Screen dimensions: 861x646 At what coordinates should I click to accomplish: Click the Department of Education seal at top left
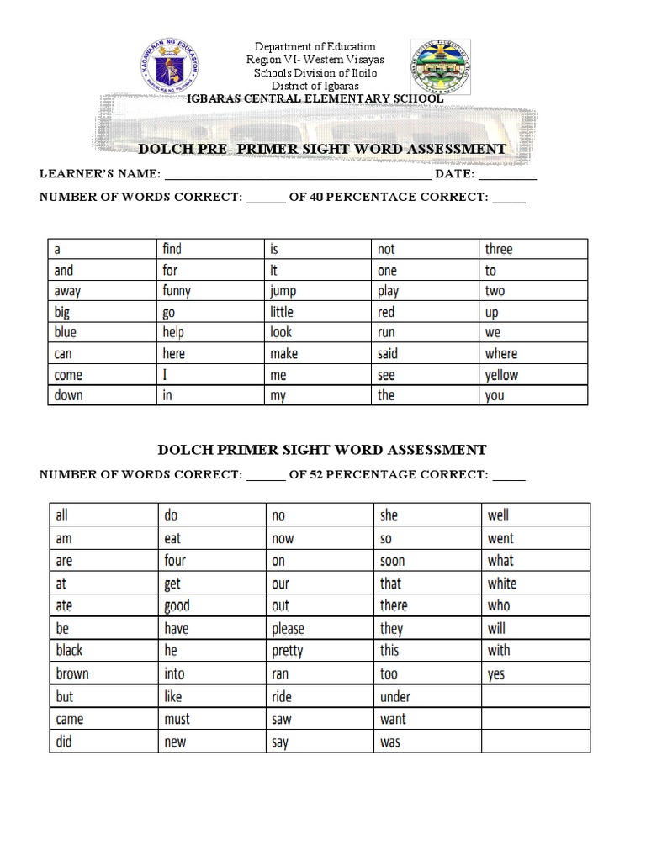click(x=172, y=67)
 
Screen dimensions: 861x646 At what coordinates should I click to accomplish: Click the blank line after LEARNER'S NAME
click(x=298, y=175)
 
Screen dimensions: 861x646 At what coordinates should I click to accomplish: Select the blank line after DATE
click(x=508, y=175)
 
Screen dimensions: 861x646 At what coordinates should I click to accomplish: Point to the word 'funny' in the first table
click(x=177, y=291)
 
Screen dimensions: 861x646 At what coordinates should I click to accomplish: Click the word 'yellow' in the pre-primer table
click(x=501, y=375)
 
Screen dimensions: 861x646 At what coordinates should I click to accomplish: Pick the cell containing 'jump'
click(x=283, y=292)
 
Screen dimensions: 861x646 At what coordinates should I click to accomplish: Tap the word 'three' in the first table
click(x=498, y=249)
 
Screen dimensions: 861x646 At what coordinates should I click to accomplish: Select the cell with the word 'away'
click(x=68, y=291)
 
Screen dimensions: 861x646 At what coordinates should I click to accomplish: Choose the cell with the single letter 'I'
click(x=166, y=374)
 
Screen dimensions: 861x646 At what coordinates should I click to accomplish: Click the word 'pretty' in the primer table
click(x=288, y=651)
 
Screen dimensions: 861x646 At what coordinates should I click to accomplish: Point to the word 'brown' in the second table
click(x=72, y=673)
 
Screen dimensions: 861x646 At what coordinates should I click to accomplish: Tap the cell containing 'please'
click(x=288, y=629)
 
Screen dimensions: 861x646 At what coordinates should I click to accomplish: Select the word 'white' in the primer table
click(x=502, y=584)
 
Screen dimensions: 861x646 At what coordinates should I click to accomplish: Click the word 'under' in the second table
click(x=394, y=696)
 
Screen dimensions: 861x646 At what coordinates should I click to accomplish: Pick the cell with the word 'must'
click(x=177, y=719)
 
